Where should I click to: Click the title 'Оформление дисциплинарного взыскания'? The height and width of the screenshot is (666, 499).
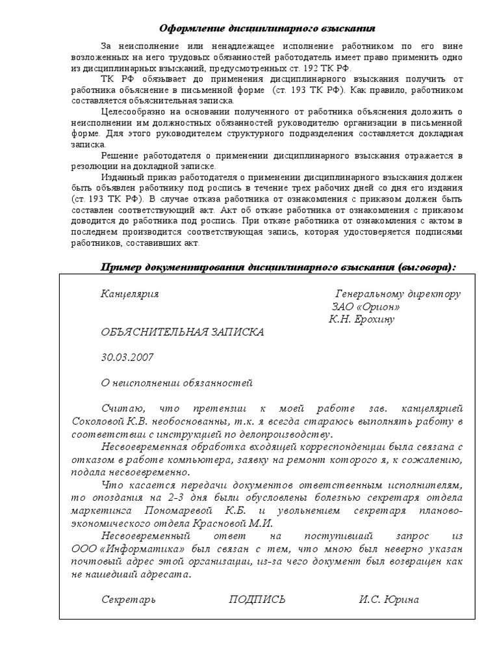(x=267, y=29)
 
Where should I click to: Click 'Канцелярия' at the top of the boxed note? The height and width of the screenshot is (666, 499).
(x=129, y=293)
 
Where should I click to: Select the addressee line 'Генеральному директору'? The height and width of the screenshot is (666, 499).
(x=398, y=293)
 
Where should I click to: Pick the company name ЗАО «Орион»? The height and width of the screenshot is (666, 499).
(x=366, y=306)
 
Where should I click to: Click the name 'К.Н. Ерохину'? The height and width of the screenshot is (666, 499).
(x=362, y=319)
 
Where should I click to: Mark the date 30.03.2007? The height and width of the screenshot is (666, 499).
(x=127, y=357)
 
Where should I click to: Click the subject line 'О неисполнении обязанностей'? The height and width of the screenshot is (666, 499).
(x=176, y=383)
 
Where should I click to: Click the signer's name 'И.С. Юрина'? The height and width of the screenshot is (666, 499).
(x=389, y=600)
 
